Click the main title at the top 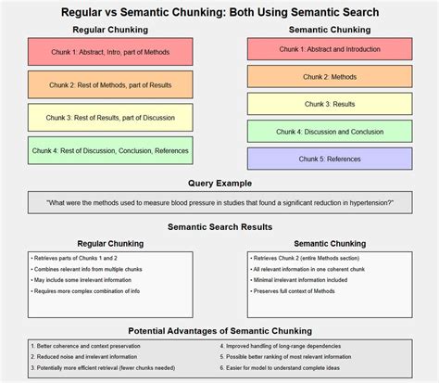coord(219,12)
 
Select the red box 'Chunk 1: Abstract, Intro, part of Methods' coord(110,52)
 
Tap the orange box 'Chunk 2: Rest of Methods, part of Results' coord(110,84)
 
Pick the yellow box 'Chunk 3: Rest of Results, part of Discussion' coord(110,117)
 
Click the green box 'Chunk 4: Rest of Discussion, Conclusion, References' coord(110,150)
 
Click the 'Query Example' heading coord(219,184)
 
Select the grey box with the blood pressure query coord(219,202)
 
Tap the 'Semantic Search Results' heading coord(219,226)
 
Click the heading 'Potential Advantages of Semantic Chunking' coord(219,330)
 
